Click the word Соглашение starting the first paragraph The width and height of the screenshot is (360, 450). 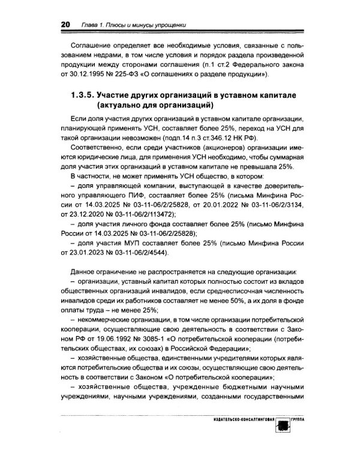point(93,45)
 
